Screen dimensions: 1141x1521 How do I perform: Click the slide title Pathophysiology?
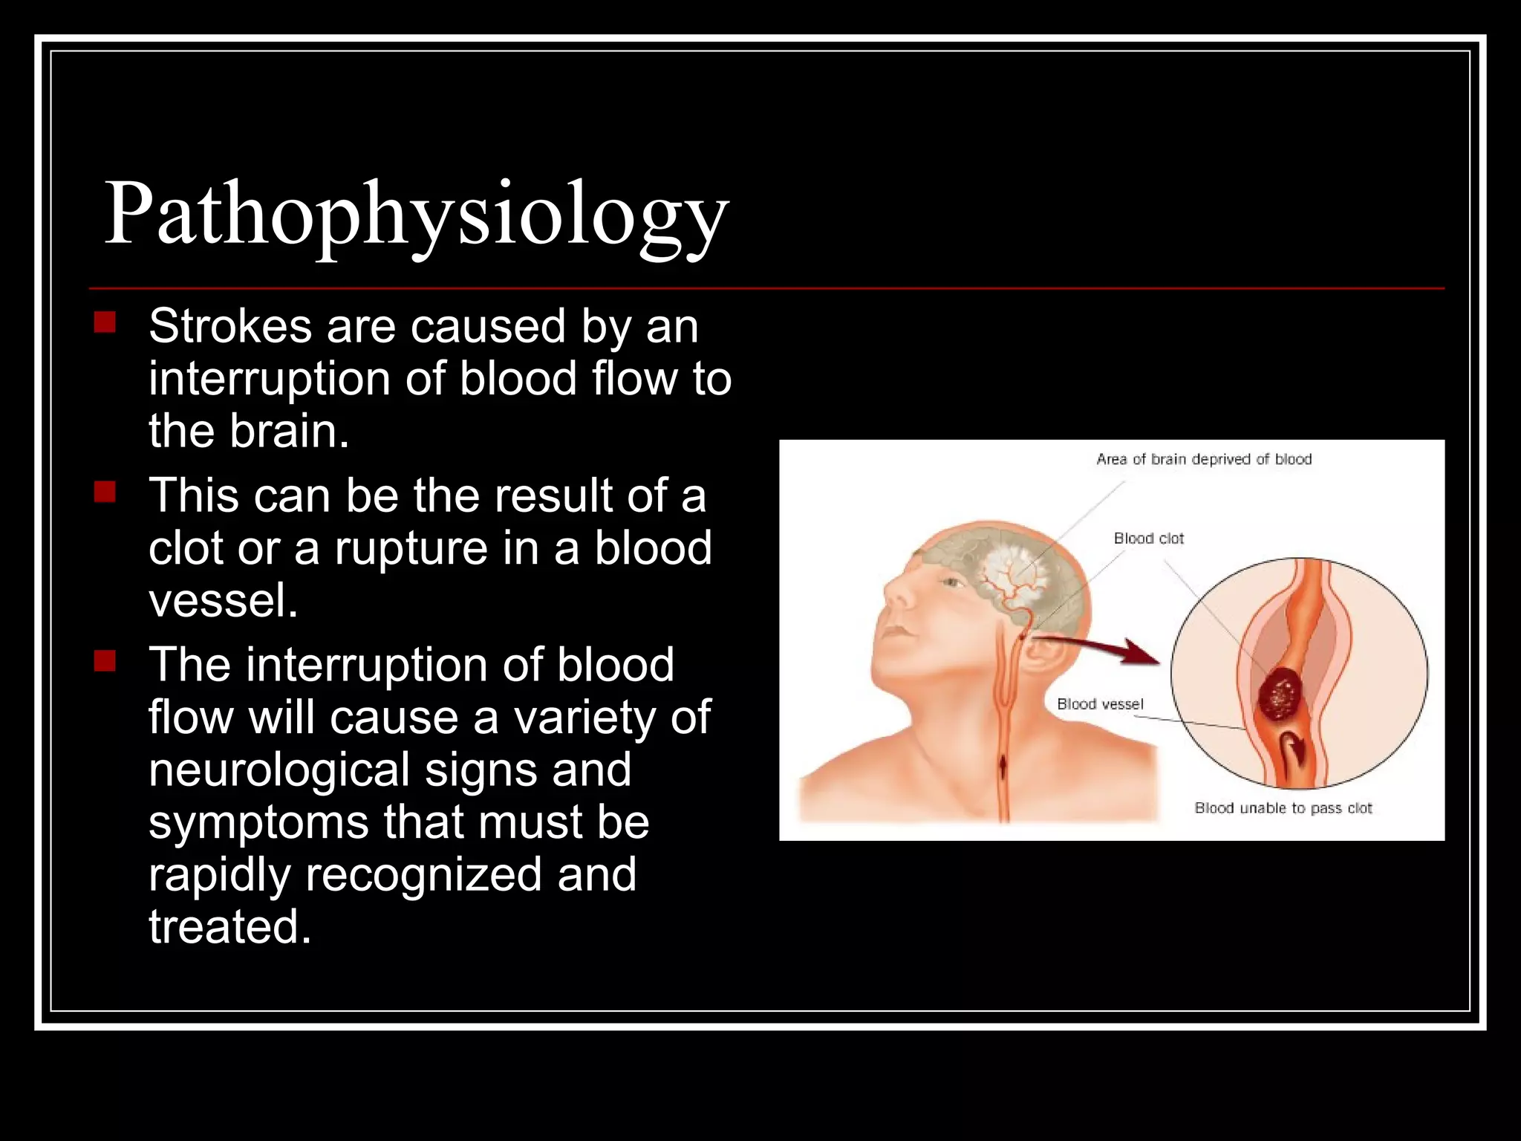416,215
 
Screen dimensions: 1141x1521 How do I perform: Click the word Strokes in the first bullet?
230,327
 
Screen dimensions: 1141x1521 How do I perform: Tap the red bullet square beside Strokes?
105,322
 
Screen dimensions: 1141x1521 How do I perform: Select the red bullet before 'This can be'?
105,492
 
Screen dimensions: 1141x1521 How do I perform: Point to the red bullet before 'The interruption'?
105,660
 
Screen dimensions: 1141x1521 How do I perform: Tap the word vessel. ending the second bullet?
223,600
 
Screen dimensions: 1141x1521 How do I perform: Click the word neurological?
279,770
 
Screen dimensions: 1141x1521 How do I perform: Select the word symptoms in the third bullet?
258,822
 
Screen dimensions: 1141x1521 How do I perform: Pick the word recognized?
424,874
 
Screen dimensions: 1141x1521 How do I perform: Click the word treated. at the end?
229,927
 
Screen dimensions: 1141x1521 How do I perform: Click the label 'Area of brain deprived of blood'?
1204,460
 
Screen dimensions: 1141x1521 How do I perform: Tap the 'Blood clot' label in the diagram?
1148,539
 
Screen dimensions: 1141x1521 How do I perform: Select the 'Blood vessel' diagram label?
1100,704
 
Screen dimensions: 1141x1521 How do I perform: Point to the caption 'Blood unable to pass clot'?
1283,808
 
